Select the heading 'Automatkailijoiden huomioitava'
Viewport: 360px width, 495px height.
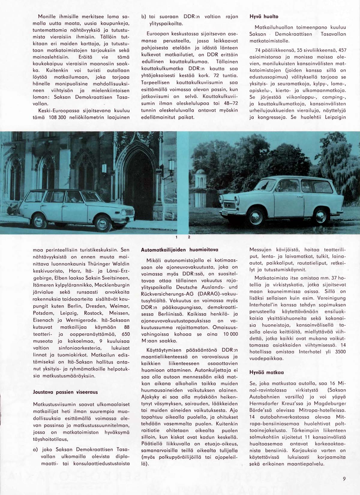179,249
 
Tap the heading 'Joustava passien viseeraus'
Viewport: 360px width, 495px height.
65,392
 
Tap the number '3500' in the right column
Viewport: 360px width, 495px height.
340,352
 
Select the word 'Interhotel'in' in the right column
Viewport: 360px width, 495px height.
264,305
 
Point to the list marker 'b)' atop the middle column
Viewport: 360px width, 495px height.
144,17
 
